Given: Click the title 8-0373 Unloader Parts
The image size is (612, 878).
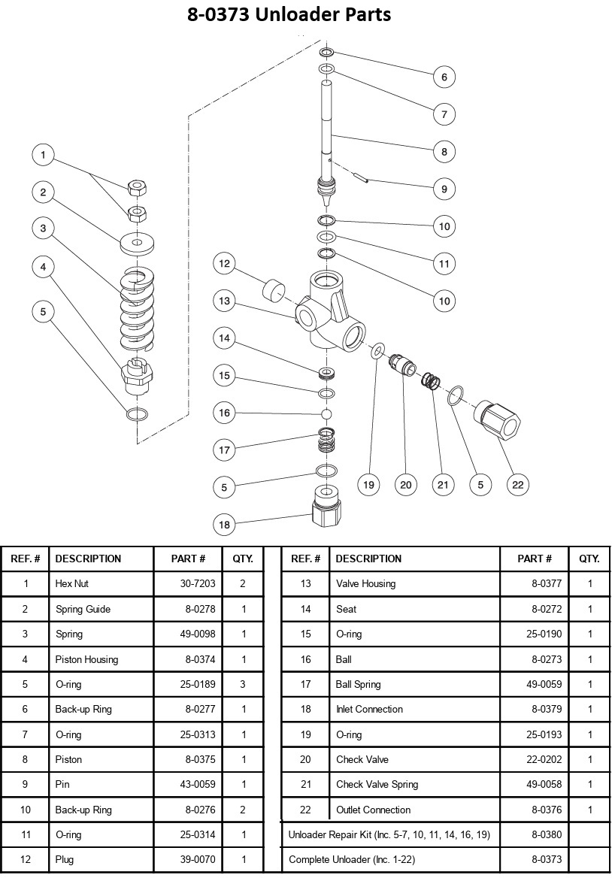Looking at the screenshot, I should pyautogui.click(x=289, y=14).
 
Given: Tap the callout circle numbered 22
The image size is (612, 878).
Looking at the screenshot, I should pyautogui.click(x=518, y=485).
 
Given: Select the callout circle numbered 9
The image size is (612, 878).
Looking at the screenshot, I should pyautogui.click(x=444, y=189).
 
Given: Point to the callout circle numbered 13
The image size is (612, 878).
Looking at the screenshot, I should pyautogui.click(x=224, y=301).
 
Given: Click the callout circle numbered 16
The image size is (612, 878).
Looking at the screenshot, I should pyautogui.click(x=224, y=413).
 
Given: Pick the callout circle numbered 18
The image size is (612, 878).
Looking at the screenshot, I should pyautogui.click(x=224, y=525).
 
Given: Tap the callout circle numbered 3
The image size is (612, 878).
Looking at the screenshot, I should pyautogui.click(x=44, y=229).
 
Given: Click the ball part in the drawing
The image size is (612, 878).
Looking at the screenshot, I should pyautogui.click(x=326, y=413).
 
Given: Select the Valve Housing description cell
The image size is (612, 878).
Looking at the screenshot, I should pyautogui.click(x=365, y=583).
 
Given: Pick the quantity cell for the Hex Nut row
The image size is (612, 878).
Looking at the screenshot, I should pyautogui.click(x=244, y=583).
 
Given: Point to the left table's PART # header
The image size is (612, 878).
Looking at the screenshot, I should pyautogui.click(x=189, y=559).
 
